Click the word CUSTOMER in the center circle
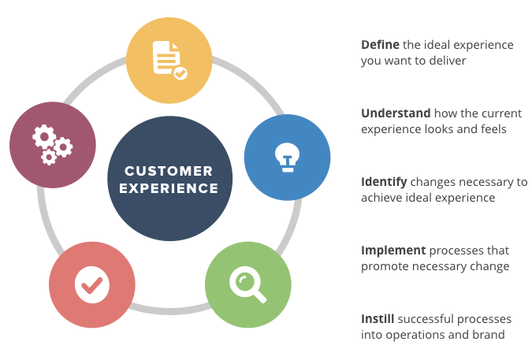(169, 171)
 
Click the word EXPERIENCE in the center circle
(169, 188)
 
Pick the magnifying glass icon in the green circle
(247, 284)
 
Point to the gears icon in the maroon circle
(52, 145)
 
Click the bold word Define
(379, 45)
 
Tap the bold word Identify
(383, 182)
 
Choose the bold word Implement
(393, 251)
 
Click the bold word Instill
(378, 319)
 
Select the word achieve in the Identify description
(383, 197)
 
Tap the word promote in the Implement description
(385, 265)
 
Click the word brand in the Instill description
(489, 334)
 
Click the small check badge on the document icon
(180, 73)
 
